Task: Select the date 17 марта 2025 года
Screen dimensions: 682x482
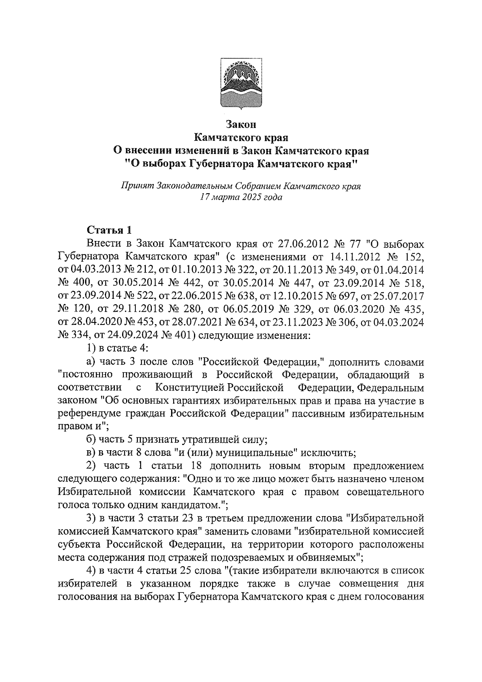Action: tap(241, 197)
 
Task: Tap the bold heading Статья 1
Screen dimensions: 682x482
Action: tap(109, 230)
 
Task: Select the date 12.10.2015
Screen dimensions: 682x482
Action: tap(299, 296)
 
